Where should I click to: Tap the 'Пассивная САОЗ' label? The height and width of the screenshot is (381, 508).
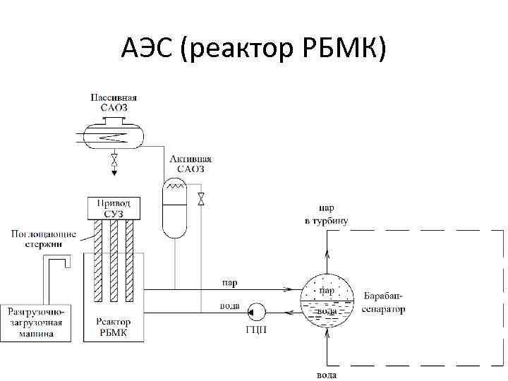(114, 102)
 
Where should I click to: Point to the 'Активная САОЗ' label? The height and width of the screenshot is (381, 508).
(190, 164)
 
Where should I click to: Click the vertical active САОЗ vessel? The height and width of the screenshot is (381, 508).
(173, 209)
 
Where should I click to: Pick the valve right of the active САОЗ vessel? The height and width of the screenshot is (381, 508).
(201, 198)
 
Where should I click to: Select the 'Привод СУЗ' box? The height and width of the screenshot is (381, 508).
(114, 208)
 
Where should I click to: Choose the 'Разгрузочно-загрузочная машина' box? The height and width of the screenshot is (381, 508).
(36, 322)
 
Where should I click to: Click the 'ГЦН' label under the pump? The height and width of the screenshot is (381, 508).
(256, 330)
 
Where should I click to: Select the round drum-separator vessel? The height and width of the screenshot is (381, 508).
(327, 300)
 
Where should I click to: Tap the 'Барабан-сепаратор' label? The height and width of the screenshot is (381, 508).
(385, 301)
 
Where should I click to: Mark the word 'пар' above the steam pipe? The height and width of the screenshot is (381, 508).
(230, 282)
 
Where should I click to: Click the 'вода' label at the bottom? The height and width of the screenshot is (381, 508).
(327, 375)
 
